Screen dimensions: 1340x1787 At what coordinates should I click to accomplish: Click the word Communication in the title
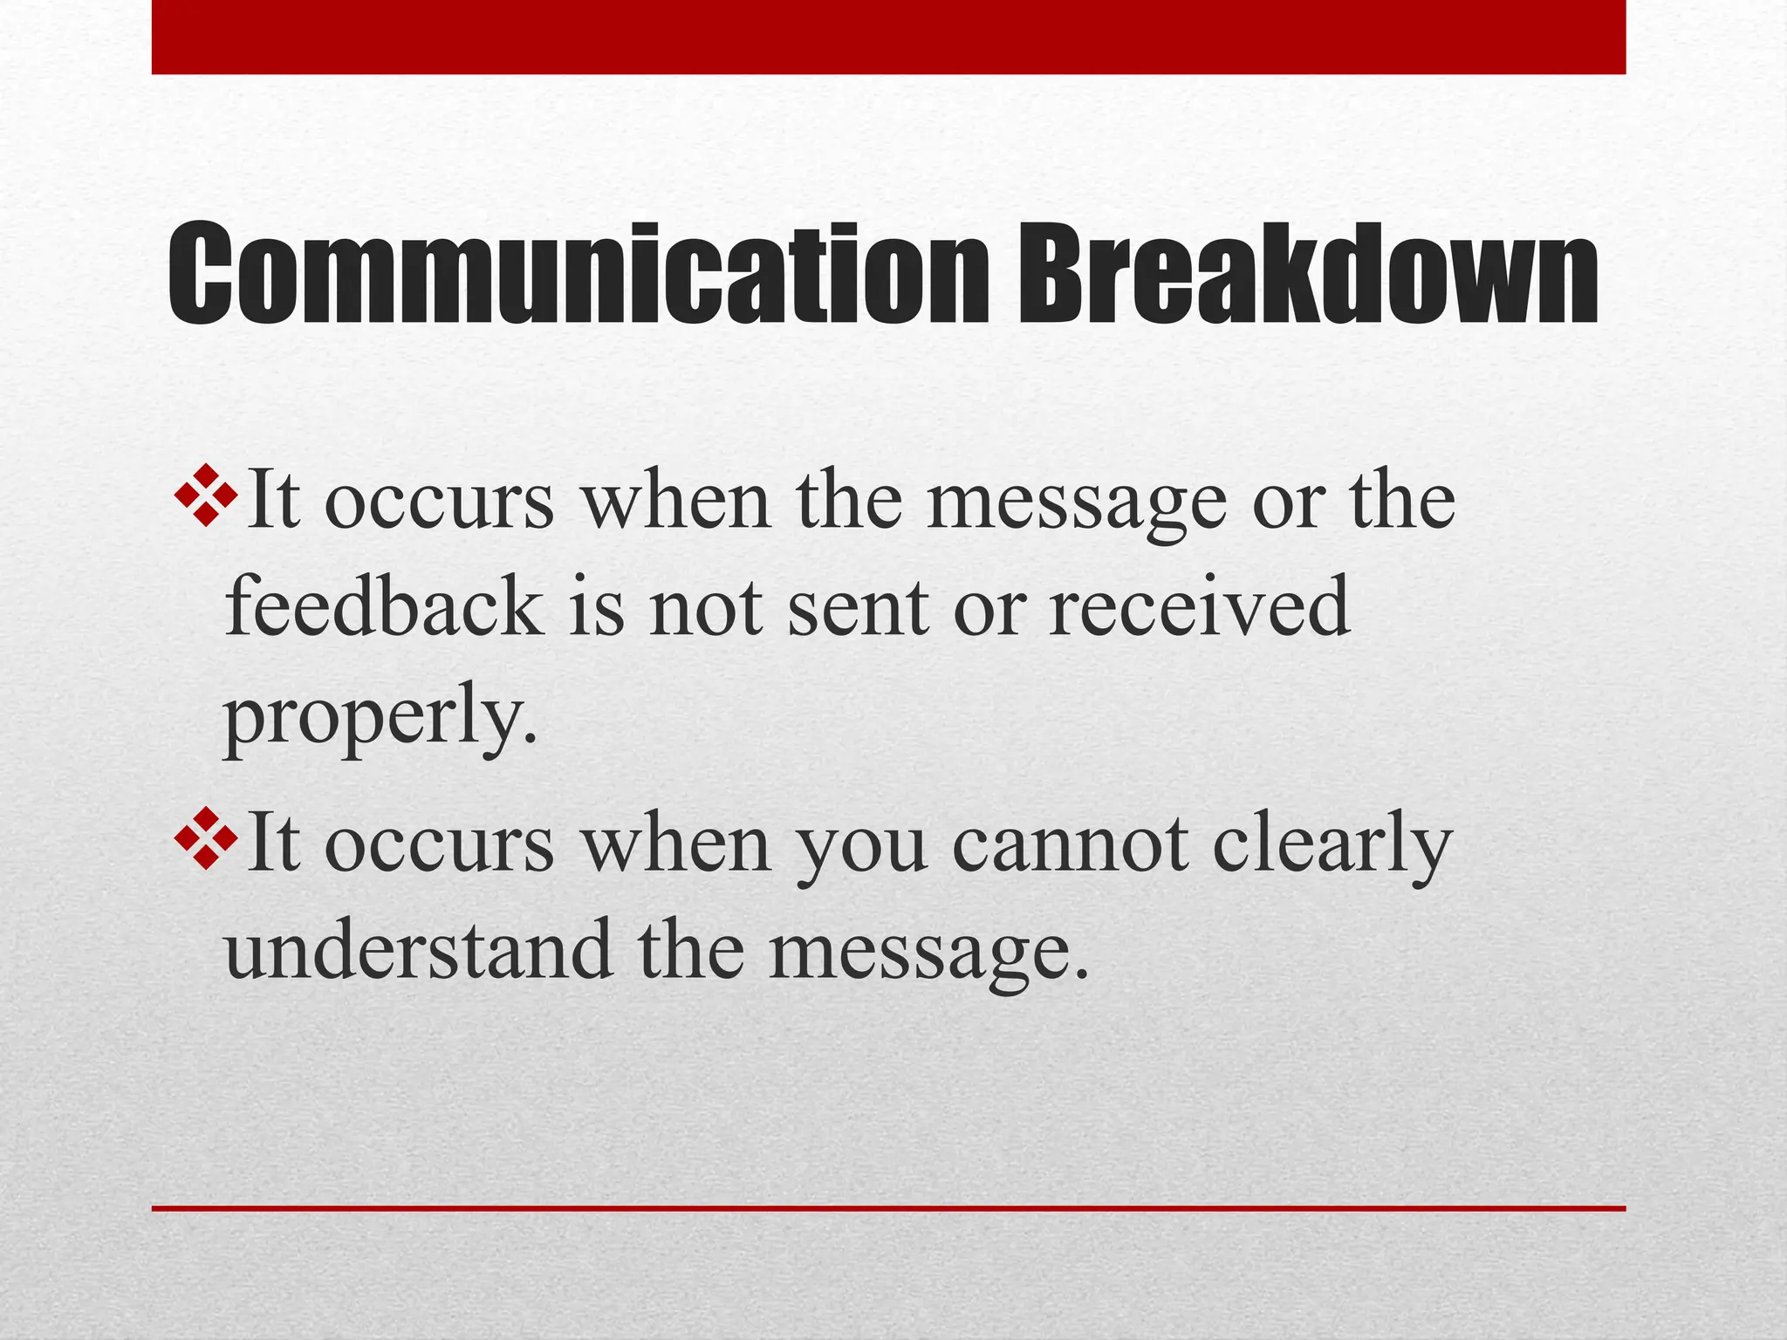pyautogui.click(x=577, y=274)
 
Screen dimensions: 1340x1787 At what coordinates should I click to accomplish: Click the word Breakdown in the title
pyautogui.click(x=1308, y=274)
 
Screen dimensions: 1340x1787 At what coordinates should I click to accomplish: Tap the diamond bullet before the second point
pyautogui.click(x=206, y=838)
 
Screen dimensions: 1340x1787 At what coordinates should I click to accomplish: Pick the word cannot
pyautogui.click(x=1070, y=844)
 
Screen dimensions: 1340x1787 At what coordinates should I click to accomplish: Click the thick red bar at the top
pyautogui.click(x=888, y=37)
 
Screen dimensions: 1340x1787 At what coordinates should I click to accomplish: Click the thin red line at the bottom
pyautogui.click(x=888, y=1208)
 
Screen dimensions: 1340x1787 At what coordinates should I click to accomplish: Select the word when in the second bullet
pyautogui.click(x=676, y=844)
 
